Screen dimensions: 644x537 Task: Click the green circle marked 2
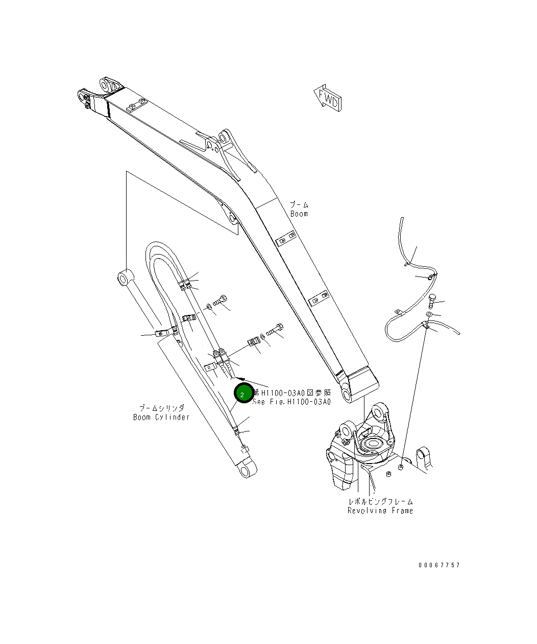[242, 394]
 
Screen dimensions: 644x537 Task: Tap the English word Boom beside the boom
[299, 214]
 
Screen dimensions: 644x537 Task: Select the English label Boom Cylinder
[161, 417]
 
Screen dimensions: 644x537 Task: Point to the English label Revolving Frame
[380, 511]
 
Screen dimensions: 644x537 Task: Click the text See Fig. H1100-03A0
[292, 402]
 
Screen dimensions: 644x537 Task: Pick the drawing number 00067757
[439, 565]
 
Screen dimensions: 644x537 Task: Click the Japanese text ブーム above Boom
[299, 205]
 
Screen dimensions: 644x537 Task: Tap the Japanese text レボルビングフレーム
[380, 502]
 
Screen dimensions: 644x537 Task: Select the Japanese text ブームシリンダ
[161, 408]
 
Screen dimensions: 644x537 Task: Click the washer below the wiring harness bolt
[429, 313]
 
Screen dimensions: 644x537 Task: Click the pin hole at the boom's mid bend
[233, 219]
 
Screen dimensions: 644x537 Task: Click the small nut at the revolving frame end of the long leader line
[401, 467]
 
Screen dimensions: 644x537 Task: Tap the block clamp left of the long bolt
[253, 341]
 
